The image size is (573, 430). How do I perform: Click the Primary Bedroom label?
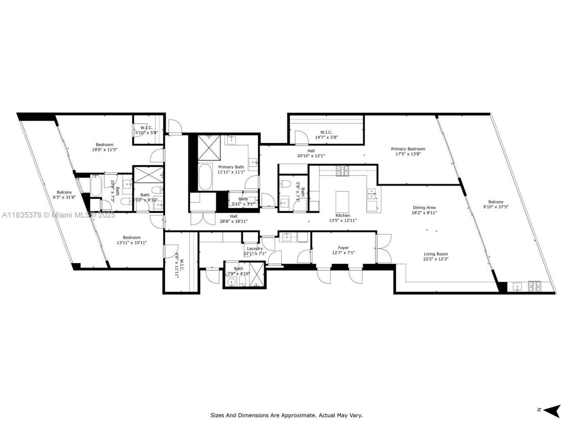[x=408, y=149]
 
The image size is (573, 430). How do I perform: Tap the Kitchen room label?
[x=343, y=215]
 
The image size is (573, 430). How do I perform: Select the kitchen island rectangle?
[x=343, y=198]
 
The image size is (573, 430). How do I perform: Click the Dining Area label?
[x=423, y=207]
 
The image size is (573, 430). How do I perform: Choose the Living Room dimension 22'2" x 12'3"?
[x=436, y=259]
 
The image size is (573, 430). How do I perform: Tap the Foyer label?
[x=343, y=248]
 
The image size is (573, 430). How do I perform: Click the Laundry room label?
[x=255, y=249]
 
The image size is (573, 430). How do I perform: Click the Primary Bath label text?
[x=231, y=167]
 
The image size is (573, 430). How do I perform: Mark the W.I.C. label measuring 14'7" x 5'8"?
[x=326, y=138]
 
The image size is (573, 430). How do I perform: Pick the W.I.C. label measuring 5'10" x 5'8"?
[x=146, y=133]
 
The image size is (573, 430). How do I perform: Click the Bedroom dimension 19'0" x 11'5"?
[x=104, y=150]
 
